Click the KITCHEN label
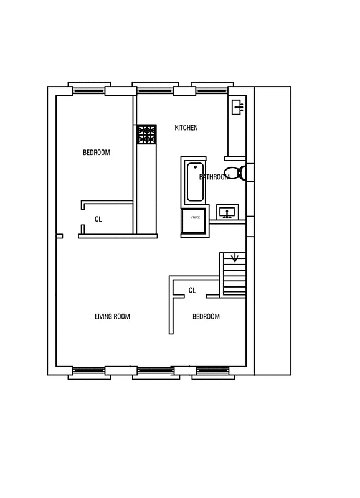[186, 128]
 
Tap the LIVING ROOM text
[112, 317]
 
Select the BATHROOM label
[214, 177]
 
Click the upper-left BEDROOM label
[97, 153]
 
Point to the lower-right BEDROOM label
[206, 317]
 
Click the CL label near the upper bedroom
[98, 219]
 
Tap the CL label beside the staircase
[192, 290]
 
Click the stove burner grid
[147, 134]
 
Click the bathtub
[195, 182]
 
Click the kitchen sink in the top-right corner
[237, 106]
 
